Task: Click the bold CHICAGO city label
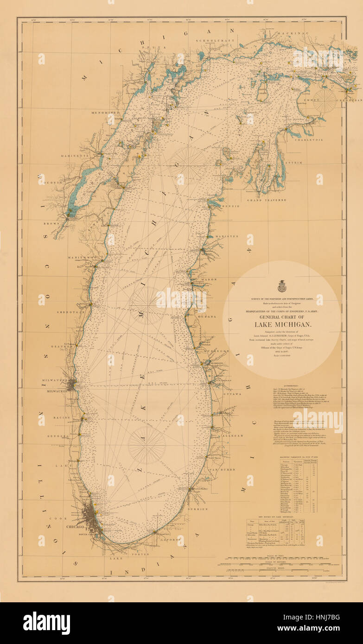coord(75,527)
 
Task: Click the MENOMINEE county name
coord(106,112)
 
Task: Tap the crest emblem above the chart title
coord(281,287)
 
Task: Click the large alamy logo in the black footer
coord(46,623)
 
